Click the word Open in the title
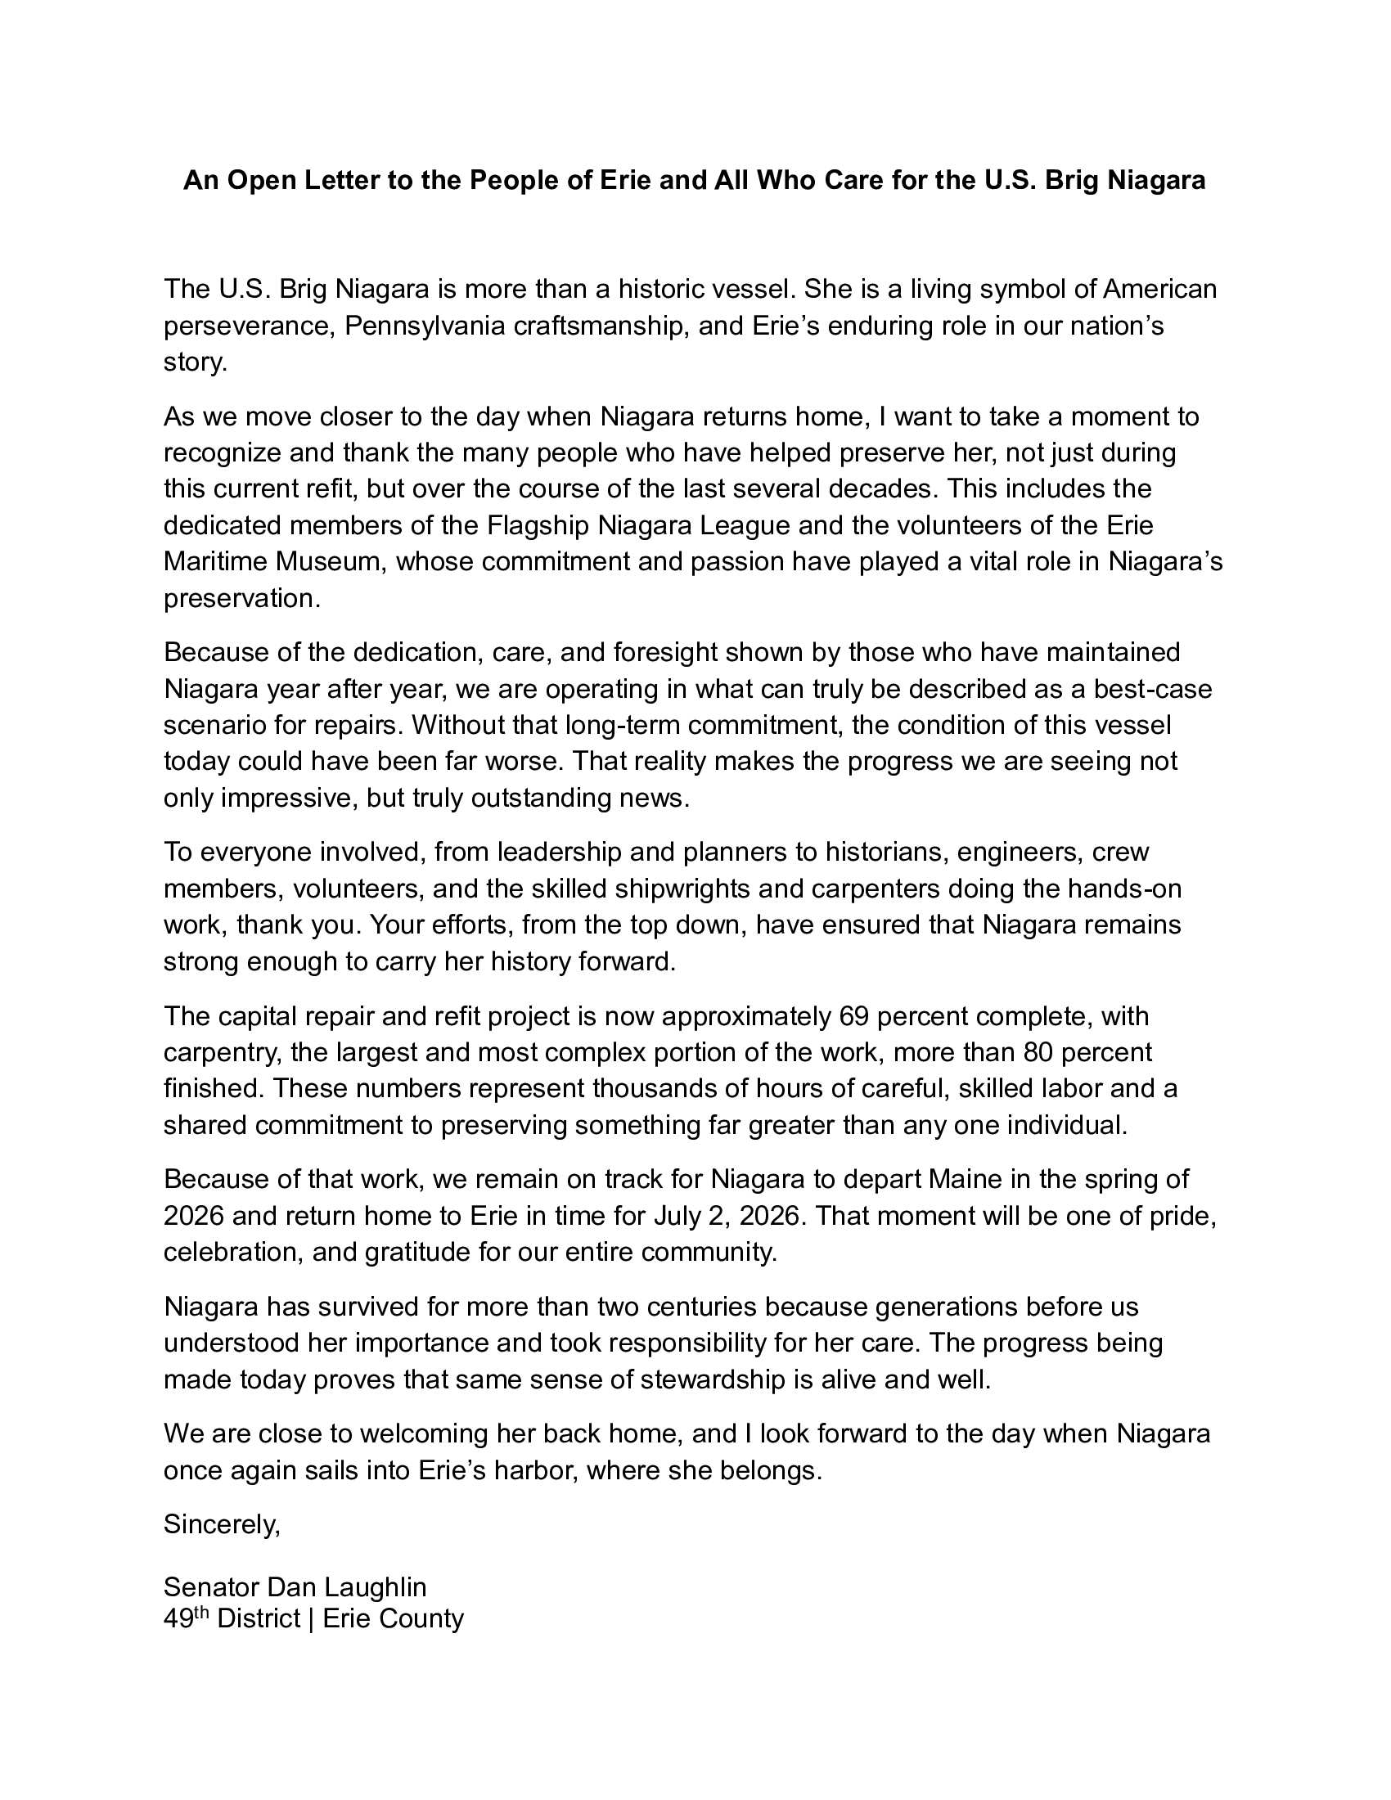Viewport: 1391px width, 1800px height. point(261,180)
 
